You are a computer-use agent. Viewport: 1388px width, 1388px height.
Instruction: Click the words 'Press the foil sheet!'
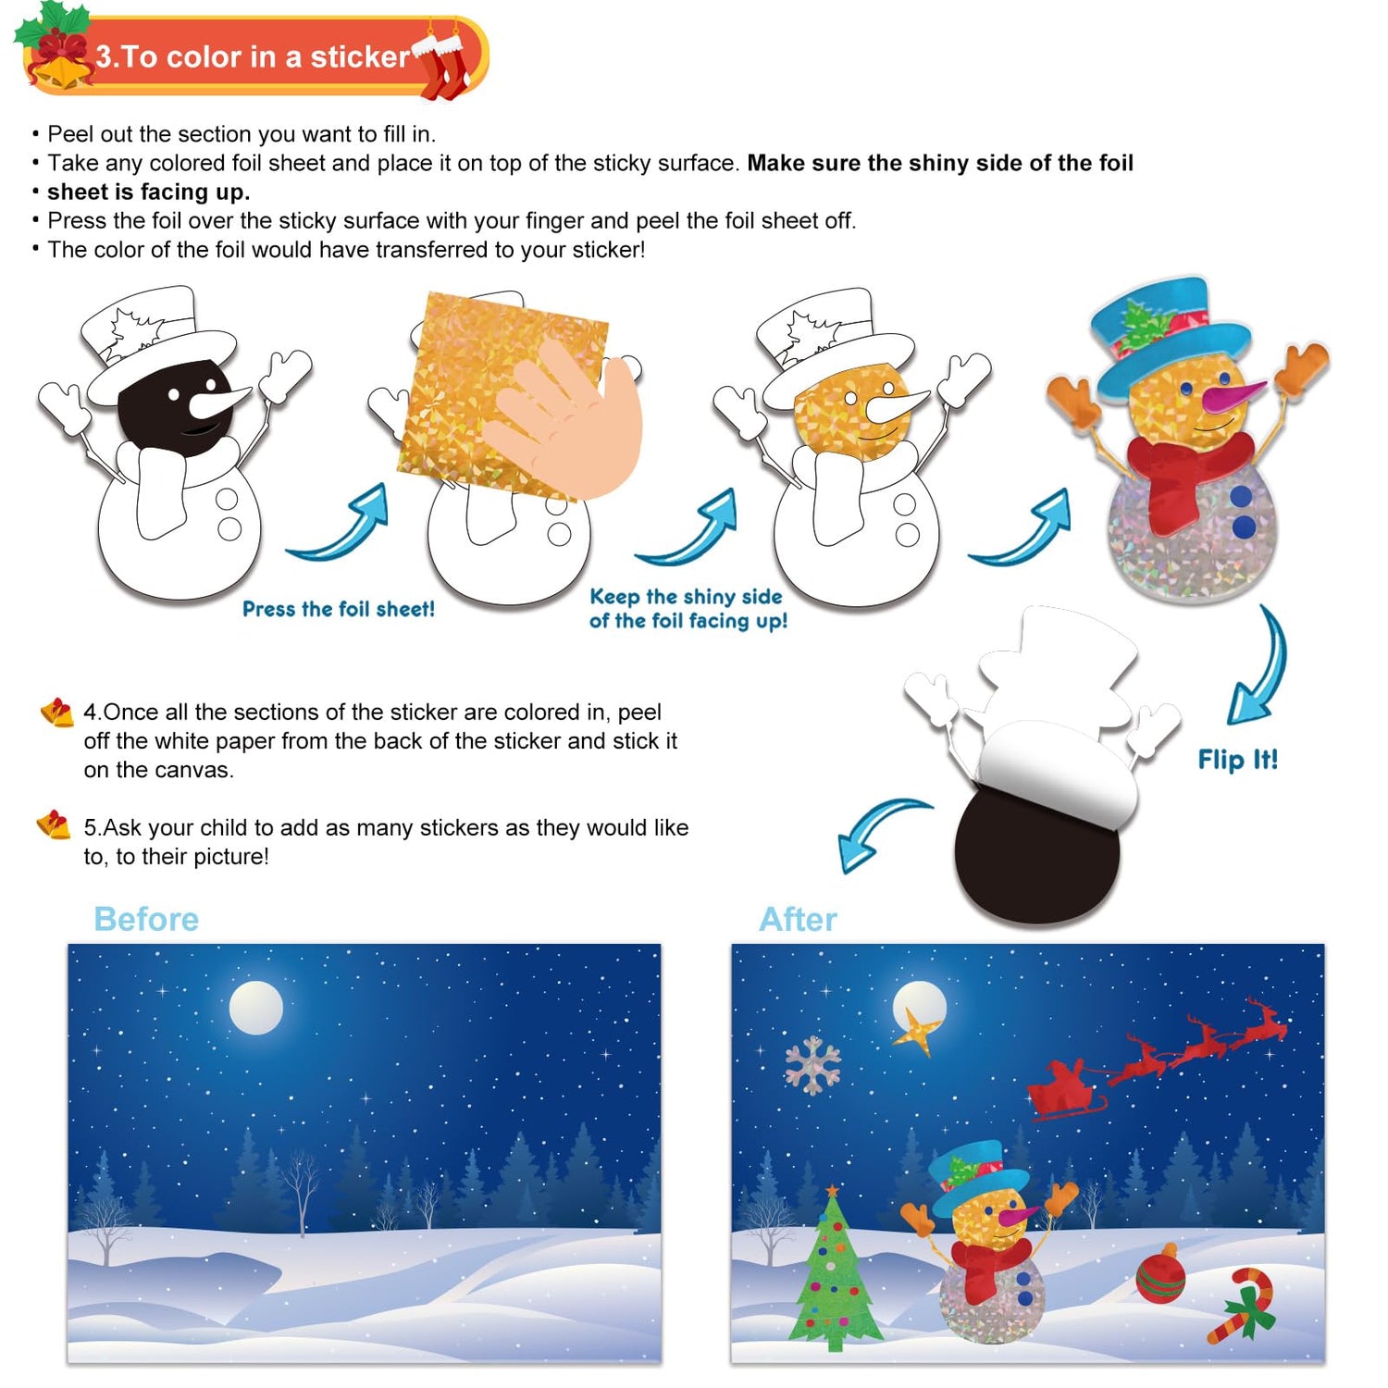(339, 609)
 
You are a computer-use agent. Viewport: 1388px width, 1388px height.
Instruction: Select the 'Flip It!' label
(1237, 760)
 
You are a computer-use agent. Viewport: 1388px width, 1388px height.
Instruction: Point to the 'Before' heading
(146, 919)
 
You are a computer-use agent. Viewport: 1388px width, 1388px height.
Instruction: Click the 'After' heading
(798, 919)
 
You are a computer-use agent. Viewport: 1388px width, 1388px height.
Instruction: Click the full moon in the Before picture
(256, 1008)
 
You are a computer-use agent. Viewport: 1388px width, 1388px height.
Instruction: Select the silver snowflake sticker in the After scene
(812, 1065)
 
